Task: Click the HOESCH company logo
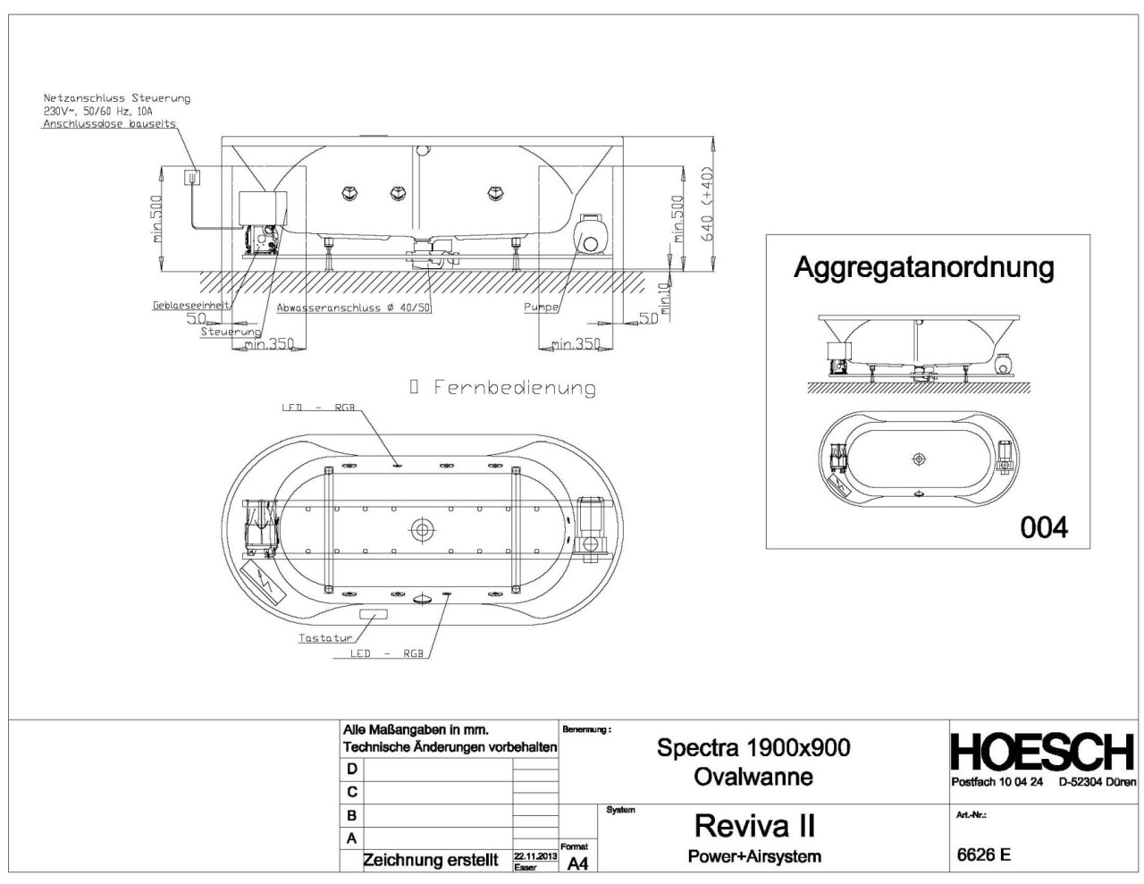tap(1042, 753)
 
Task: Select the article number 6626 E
tap(983, 855)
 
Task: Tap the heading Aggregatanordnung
tap(923, 267)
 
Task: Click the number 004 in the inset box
tap(1044, 527)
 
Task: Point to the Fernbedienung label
tap(514, 387)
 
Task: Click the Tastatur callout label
tap(325, 638)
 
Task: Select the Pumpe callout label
tap(541, 307)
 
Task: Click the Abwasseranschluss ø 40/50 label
tap(354, 307)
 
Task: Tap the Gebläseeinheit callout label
tap(190, 305)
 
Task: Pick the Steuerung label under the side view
tap(231, 332)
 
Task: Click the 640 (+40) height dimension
tap(708, 204)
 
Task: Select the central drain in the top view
tap(421, 529)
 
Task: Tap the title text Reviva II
tap(754, 824)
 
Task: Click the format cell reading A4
tap(576, 862)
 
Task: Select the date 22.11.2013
tap(534, 856)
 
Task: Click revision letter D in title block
tap(351, 769)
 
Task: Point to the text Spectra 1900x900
tap(753, 747)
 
